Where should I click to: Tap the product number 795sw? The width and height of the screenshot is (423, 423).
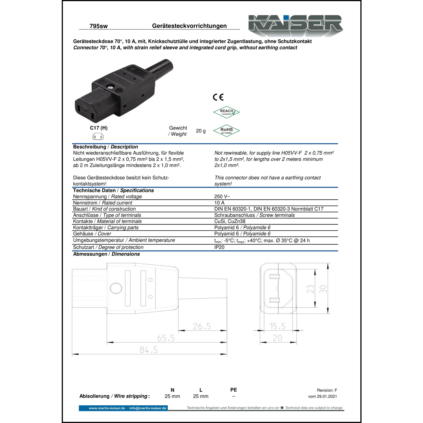point(98,26)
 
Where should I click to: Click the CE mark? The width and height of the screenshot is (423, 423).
point(218,97)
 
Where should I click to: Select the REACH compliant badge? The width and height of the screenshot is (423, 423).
point(226,112)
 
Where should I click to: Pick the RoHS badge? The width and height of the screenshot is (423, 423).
point(226,131)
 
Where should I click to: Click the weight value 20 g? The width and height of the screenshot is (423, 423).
point(201,131)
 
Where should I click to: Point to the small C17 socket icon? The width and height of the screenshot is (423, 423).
point(98,137)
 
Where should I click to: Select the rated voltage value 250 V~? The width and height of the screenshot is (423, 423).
point(222,197)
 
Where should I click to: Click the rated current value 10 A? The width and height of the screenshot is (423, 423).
point(219,203)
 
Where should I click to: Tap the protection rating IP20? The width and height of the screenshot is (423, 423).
point(219,247)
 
